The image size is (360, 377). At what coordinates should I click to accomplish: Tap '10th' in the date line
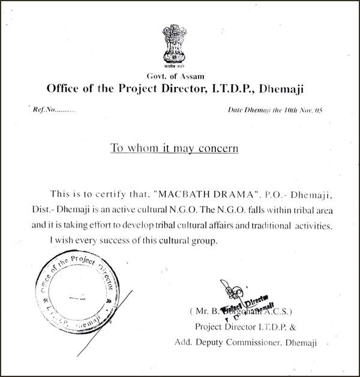(290, 110)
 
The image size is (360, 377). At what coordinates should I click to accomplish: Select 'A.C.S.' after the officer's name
(276, 312)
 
